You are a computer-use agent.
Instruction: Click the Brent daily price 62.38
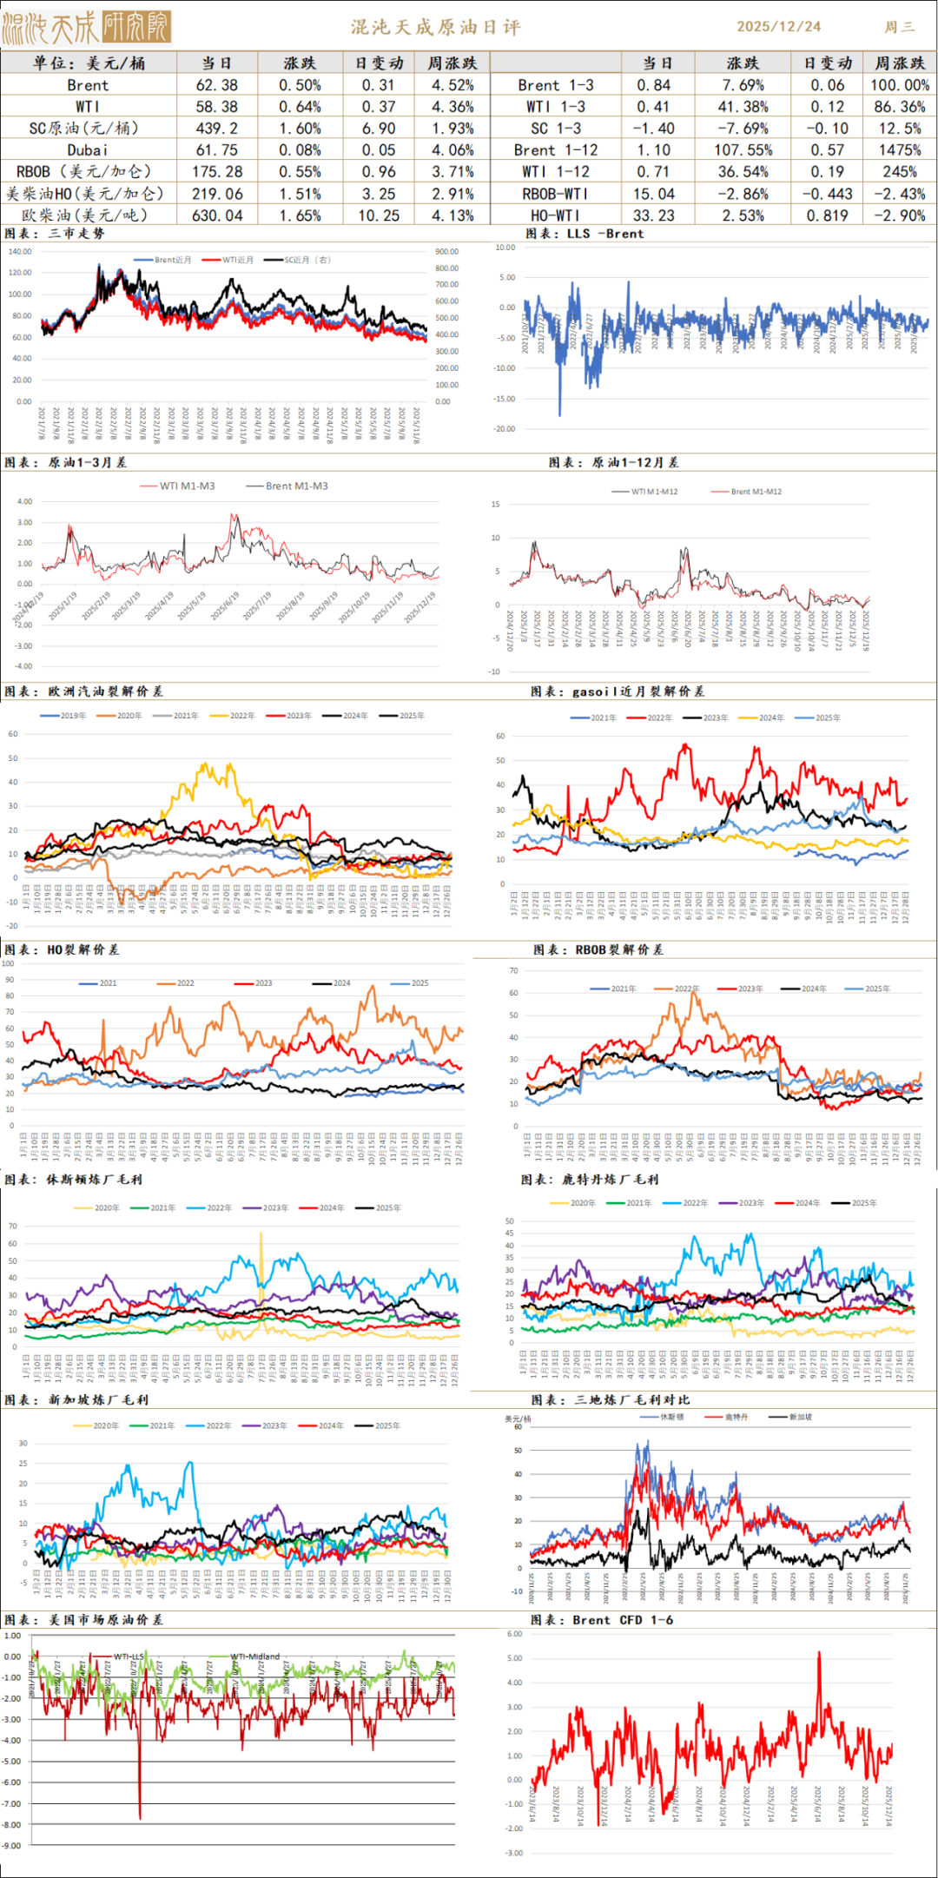tap(216, 85)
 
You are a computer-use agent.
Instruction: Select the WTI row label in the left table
tap(88, 107)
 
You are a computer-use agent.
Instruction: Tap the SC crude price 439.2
tap(216, 129)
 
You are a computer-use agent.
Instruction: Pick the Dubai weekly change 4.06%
tap(452, 150)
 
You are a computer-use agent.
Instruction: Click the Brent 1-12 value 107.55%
tap(743, 150)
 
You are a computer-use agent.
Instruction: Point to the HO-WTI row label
tap(556, 215)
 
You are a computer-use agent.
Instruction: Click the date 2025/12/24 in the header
tap(778, 27)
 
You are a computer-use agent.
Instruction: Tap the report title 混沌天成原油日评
tap(436, 27)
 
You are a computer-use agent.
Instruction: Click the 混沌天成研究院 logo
tap(86, 27)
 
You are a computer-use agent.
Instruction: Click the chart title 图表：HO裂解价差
tap(62, 949)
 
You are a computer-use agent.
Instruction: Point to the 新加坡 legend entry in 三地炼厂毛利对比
tap(800, 1417)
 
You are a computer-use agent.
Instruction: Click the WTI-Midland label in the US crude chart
tap(255, 1656)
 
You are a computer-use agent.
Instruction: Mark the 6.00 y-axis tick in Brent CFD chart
tap(514, 1634)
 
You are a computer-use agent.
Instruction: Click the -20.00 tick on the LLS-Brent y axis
tap(505, 429)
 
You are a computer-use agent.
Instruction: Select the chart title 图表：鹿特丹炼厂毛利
tap(590, 1179)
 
